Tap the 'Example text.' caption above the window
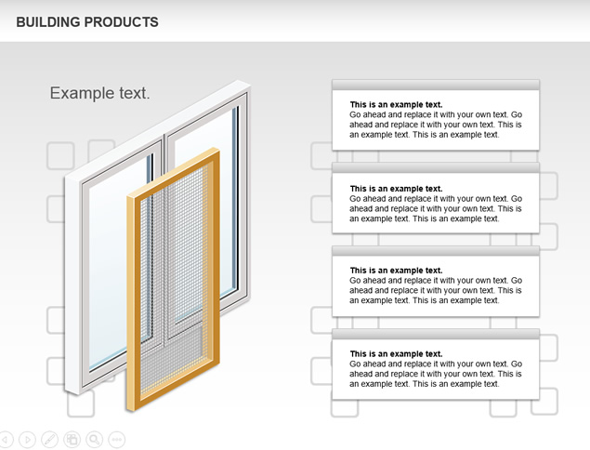pos(99,93)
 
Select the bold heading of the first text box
pos(396,105)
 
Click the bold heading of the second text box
pos(396,189)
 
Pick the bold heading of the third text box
pos(396,271)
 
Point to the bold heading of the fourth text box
pos(396,354)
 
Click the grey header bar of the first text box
pos(436,85)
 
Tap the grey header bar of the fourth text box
pos(436,334)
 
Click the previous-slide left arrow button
pos(6,440)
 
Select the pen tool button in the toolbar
pos(49,440)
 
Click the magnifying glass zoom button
pos(95,440)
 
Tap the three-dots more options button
pos(117,440)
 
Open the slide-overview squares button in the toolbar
pos(72,440)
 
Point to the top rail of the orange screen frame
pos(173,172)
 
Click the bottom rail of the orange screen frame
pos(173,386)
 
